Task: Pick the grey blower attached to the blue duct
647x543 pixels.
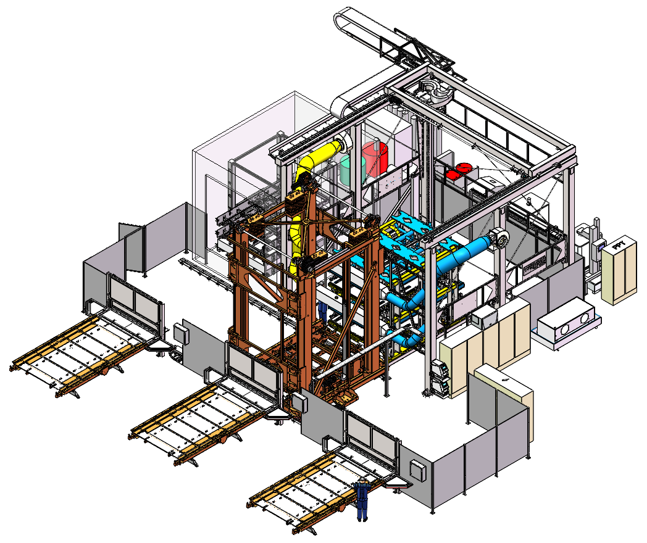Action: point(501,239)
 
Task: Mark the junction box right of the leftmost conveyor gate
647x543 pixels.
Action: point(182,333)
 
